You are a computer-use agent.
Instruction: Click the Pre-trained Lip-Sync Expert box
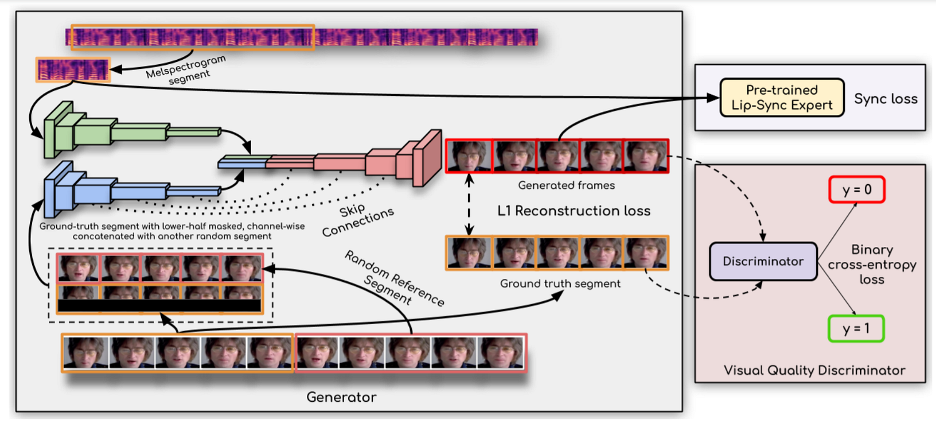[782, 98]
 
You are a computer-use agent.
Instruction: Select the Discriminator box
[763, 262]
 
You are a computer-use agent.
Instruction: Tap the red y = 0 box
[856, 190]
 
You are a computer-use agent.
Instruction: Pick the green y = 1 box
[856, 329]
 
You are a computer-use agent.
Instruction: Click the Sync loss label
[886, 99]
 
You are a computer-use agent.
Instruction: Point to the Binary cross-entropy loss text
[872, 265]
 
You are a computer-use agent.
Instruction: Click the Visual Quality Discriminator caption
[814, 370]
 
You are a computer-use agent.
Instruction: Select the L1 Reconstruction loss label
[574, 211]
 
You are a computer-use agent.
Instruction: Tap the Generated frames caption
[566, 185]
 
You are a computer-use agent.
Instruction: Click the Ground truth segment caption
[560, 284]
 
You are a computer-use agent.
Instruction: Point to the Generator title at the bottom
[341, 397]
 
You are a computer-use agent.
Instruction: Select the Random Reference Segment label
[394, 279]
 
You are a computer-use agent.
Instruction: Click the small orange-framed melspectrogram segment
[73, 70]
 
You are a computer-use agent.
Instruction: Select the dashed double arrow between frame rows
[469, 204]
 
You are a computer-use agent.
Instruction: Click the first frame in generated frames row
[469, 156]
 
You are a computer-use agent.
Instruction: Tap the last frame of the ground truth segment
[646, 253]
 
